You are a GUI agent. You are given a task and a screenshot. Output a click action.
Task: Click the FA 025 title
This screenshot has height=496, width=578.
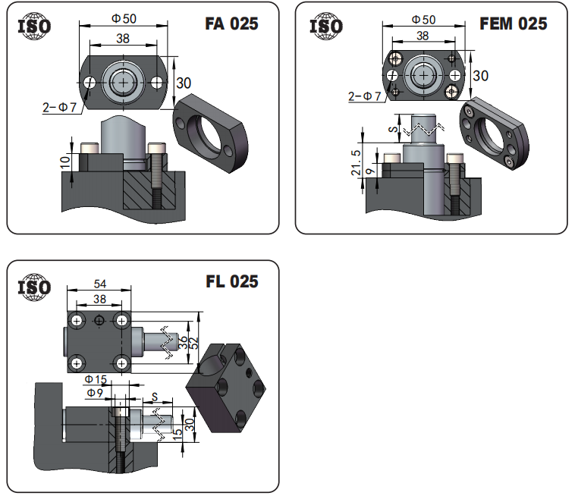click(231, 24)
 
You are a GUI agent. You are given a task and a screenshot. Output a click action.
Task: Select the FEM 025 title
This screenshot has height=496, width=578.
click(514, 24)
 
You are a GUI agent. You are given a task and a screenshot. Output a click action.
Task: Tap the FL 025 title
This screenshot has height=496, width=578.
click(232, 281)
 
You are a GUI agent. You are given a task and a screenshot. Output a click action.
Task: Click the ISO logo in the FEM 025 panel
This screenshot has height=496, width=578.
click(326, 26)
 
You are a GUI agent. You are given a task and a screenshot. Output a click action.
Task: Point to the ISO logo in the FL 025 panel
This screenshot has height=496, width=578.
click(34, 287)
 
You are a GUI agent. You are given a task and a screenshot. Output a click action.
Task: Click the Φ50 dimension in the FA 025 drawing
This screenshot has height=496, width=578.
click(124, 18)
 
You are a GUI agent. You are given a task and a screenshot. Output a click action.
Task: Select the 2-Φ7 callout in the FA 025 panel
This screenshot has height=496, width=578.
click(59, 107)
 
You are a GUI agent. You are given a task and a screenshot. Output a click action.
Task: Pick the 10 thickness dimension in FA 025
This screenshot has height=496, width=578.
click(65, 162)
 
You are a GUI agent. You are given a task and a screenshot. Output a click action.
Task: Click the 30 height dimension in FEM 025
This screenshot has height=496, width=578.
click(481, 76)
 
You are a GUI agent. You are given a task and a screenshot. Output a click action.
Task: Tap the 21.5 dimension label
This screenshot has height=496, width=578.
click(356, 162)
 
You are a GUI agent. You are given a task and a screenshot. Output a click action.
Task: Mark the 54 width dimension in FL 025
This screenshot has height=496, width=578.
click(100, 284)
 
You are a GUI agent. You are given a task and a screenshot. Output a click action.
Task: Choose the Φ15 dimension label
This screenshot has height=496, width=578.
click(96, 378)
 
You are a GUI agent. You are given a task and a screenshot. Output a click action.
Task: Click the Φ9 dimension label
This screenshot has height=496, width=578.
click(95, 393)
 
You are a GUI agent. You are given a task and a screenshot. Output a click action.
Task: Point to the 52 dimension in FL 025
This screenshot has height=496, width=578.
click(194, 343)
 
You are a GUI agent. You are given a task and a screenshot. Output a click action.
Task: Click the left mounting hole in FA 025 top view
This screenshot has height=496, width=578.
click(90, 83)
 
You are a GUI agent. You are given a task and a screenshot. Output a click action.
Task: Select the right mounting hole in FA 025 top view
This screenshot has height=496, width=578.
click(157, 83)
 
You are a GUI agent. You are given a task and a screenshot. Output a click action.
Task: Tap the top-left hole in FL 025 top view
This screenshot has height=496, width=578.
click(77, 321)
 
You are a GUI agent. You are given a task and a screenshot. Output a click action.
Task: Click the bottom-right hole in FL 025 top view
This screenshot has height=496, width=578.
click(122, 364)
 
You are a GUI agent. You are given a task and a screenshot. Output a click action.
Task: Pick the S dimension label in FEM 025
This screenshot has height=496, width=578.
click(394, 129)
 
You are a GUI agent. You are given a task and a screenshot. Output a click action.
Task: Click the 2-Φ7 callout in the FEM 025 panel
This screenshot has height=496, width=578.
click(364, 96)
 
